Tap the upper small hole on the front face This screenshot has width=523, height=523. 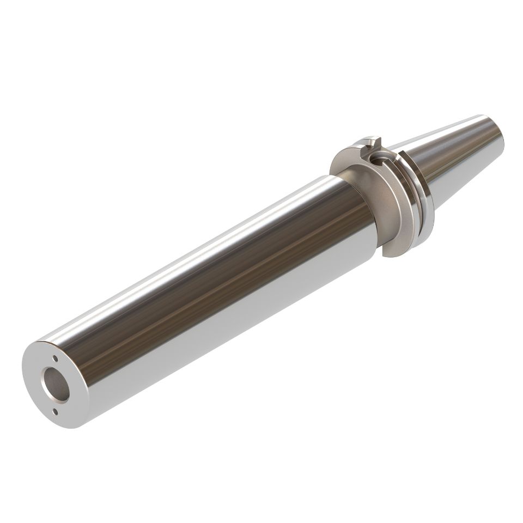tap(55, 358)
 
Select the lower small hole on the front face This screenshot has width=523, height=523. tap(53, 410)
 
